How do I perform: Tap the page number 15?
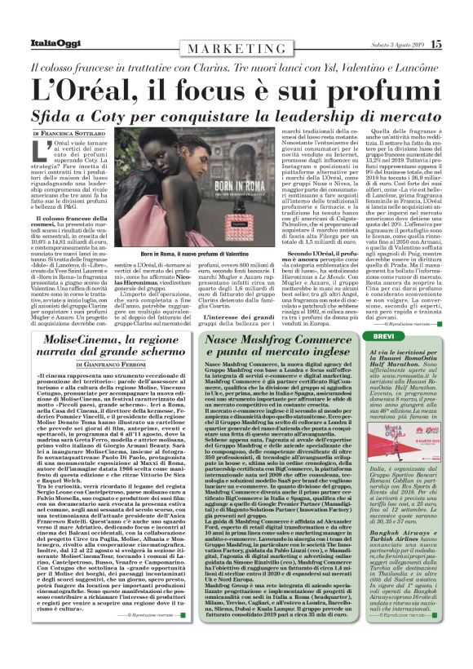tap(436, 45)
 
